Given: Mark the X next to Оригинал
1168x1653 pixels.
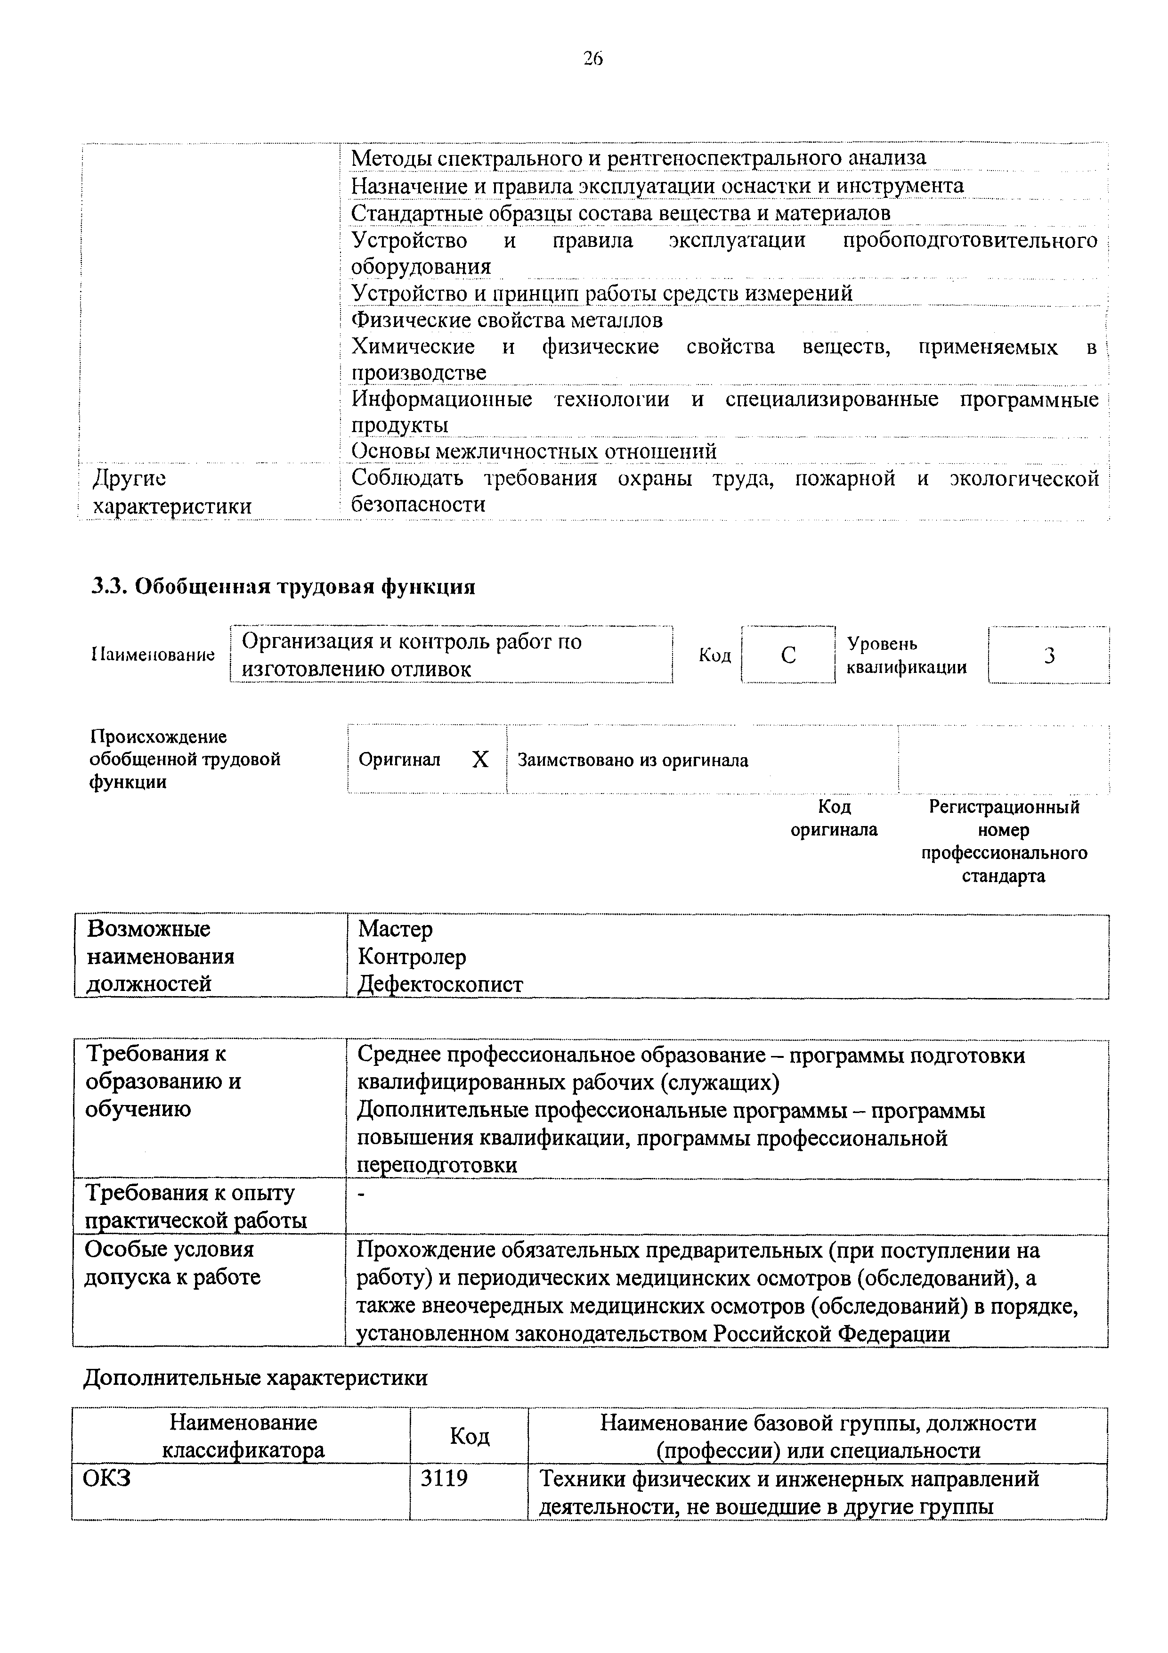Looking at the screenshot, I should (x=480, y=760).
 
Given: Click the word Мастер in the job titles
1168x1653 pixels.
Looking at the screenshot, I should (x=395, y=929).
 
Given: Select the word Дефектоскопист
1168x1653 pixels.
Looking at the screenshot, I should (x=440, y=984).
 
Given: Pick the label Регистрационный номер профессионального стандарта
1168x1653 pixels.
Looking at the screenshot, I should (x=1004, y=841).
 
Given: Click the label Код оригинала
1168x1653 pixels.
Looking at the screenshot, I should (x=834, y=818).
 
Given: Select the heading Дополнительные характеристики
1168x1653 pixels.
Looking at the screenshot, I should (x=255, y=1378).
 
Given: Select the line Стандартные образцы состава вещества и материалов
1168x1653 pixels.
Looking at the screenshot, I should (x=620, y=214).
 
